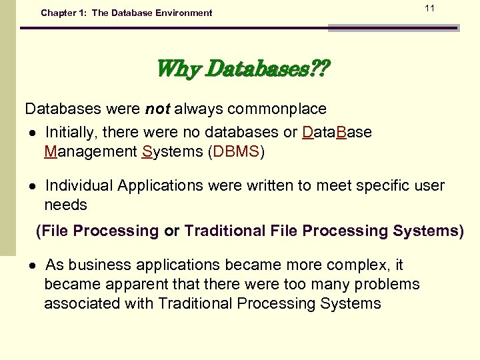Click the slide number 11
(x=429, y=8)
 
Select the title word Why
(x=179, y=69)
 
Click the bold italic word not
(x=158, y=109)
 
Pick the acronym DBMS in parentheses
(x=236, y=151)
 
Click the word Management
(x=91, y=151)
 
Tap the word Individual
(x=77, y=185)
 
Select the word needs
(x=65, y=205)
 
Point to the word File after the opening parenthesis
(x=55, y=231)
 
